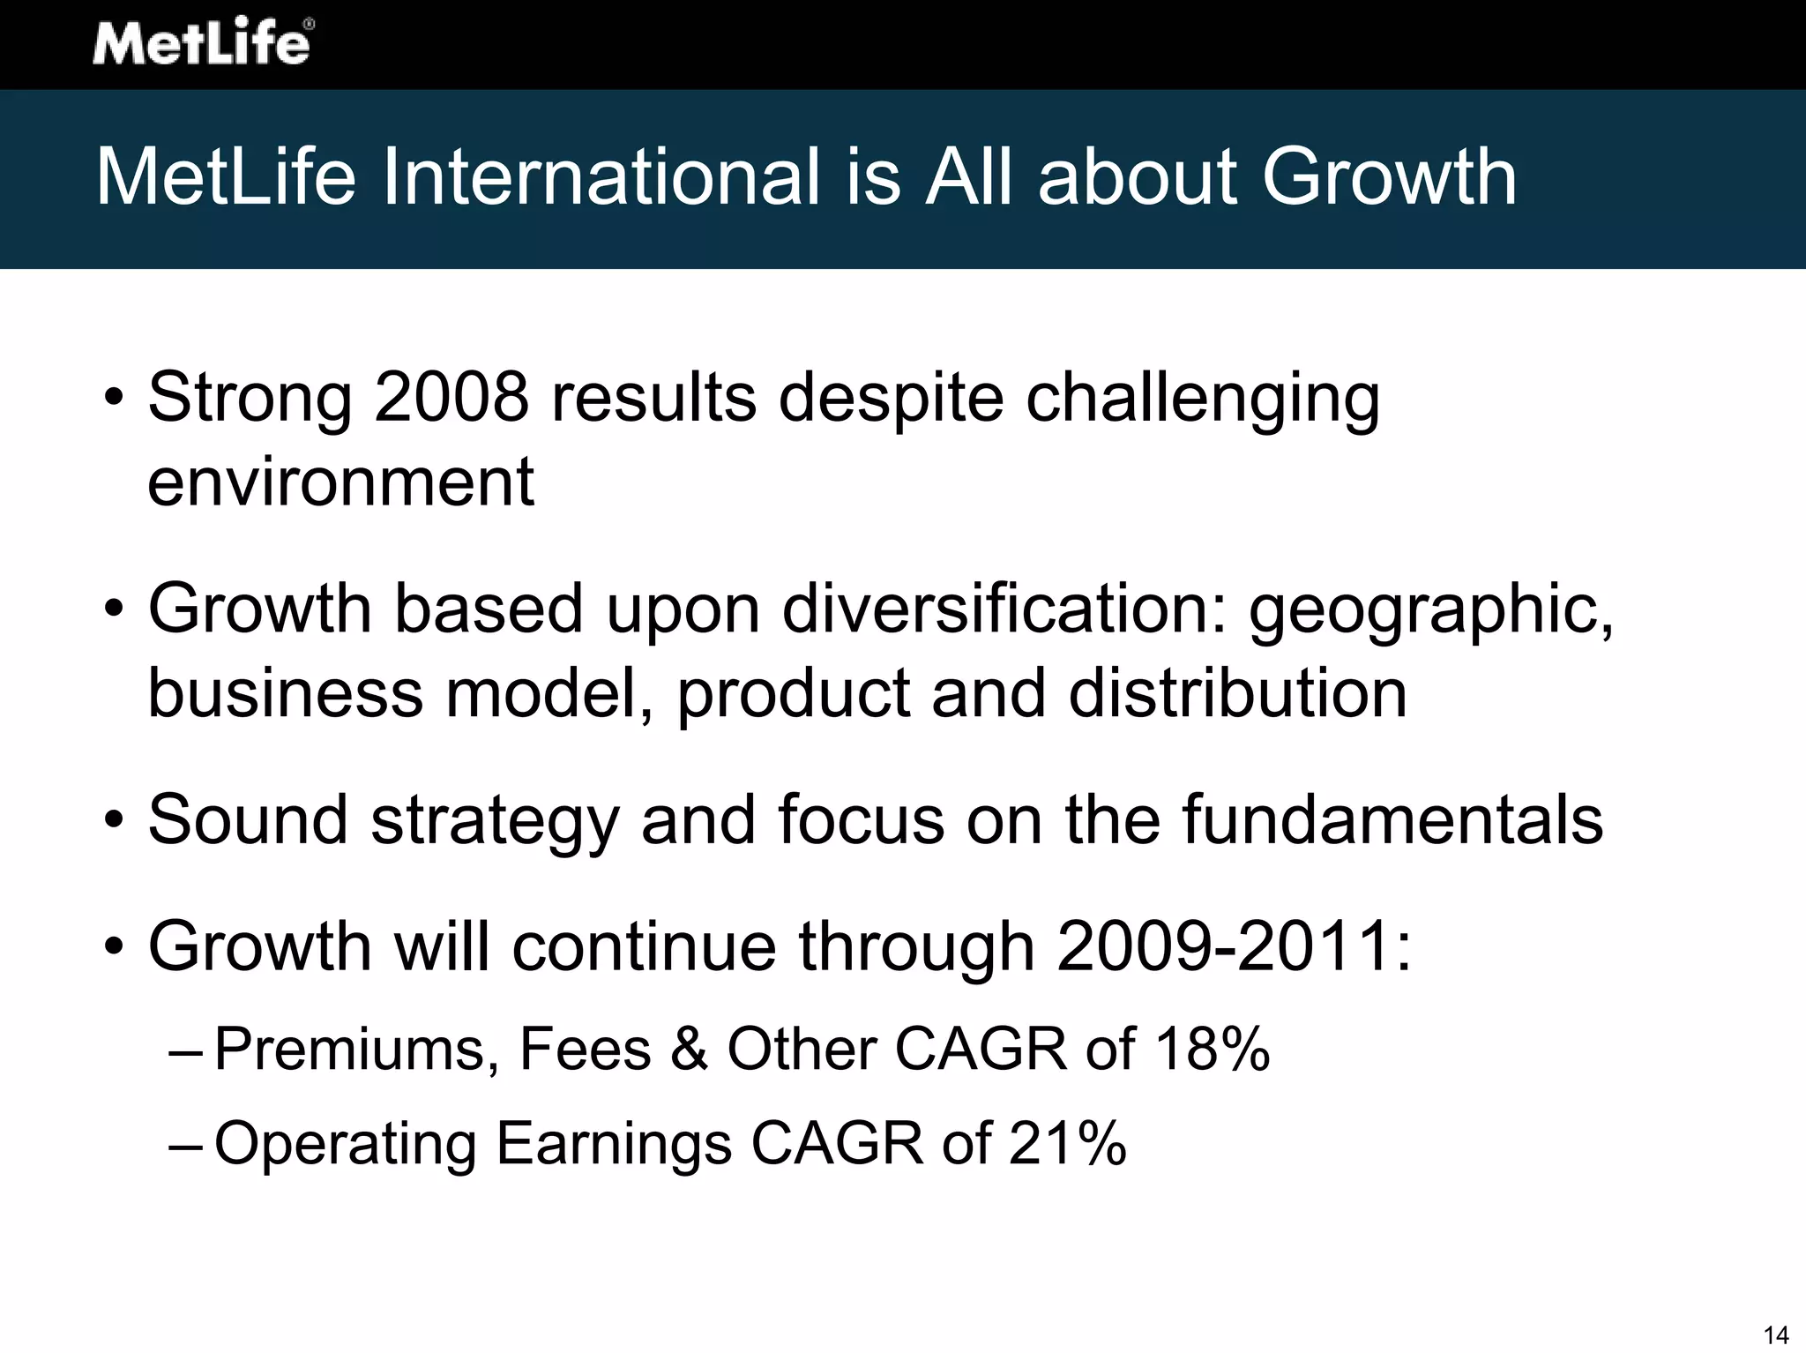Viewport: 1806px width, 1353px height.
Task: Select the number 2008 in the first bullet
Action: pos(451,398)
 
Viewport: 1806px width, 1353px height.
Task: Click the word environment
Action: pos(340,482)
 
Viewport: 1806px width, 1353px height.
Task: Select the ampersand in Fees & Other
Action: pos(689,1050)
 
